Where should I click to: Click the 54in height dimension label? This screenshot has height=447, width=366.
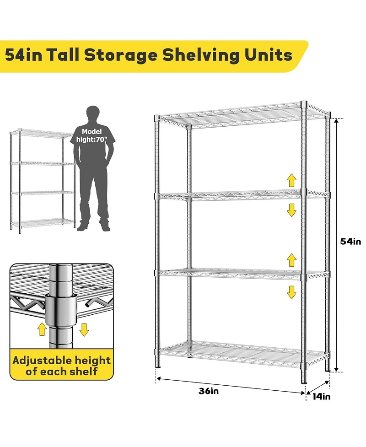click(x=350, y=242)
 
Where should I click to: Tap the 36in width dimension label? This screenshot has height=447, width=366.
click(x=209, y=391)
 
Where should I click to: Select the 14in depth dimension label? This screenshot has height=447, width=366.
click(x=322, y=396)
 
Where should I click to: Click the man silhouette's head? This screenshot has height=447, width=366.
click(x=93, y=114)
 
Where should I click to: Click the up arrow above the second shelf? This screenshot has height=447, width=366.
click(x=291, y=179)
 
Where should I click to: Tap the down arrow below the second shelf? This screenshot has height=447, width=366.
click(x=291, y=210)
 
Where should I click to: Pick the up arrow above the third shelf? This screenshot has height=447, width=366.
click(x=291, y=260)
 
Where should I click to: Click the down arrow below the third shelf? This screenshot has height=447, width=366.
click(x=291, y=291)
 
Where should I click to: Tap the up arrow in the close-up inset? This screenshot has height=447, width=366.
click(x=42, y=328)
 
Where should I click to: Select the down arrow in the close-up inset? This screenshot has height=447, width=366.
click(x=83, y=328)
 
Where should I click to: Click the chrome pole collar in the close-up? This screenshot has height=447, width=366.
click(x=60, y=310)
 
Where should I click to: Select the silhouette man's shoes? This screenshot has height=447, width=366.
click(x=93, y=227)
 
